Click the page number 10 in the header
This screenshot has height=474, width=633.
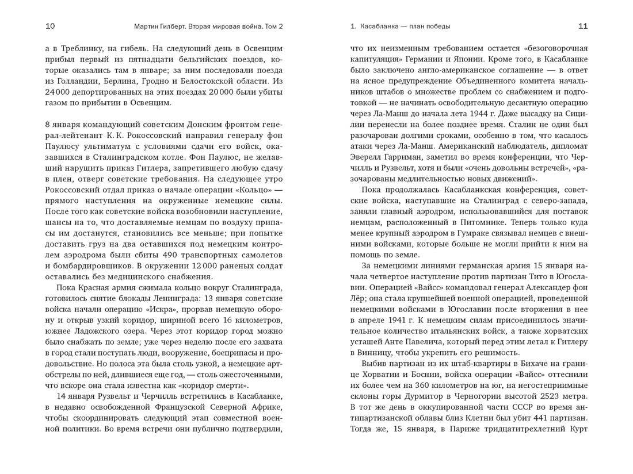50,26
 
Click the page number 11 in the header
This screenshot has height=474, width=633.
583,26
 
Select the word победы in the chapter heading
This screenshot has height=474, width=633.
438,26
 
